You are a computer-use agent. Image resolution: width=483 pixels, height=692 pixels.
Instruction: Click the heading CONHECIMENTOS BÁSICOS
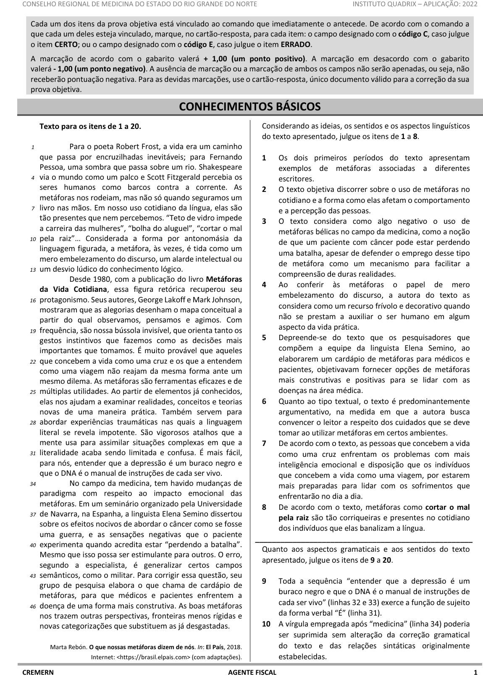click(x=249, y=107)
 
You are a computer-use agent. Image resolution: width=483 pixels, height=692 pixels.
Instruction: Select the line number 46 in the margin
click(x=33, y=607)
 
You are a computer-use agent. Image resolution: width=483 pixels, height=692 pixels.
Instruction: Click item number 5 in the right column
click(x=264, y=338)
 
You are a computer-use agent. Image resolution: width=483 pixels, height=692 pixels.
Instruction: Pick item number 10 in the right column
click(x=266, y=624)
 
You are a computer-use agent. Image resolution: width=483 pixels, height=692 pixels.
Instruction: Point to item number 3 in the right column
click(x=264, y=221)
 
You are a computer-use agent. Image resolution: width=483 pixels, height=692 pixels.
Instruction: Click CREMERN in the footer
click(x=38, y=673)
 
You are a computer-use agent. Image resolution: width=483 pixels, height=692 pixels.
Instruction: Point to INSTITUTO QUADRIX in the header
click(x=378, y=5)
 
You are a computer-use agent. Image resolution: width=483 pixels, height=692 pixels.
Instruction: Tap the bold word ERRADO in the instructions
click(x=296, y=45)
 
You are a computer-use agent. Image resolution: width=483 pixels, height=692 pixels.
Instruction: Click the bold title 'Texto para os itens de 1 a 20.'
click(x=90, y=126)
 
